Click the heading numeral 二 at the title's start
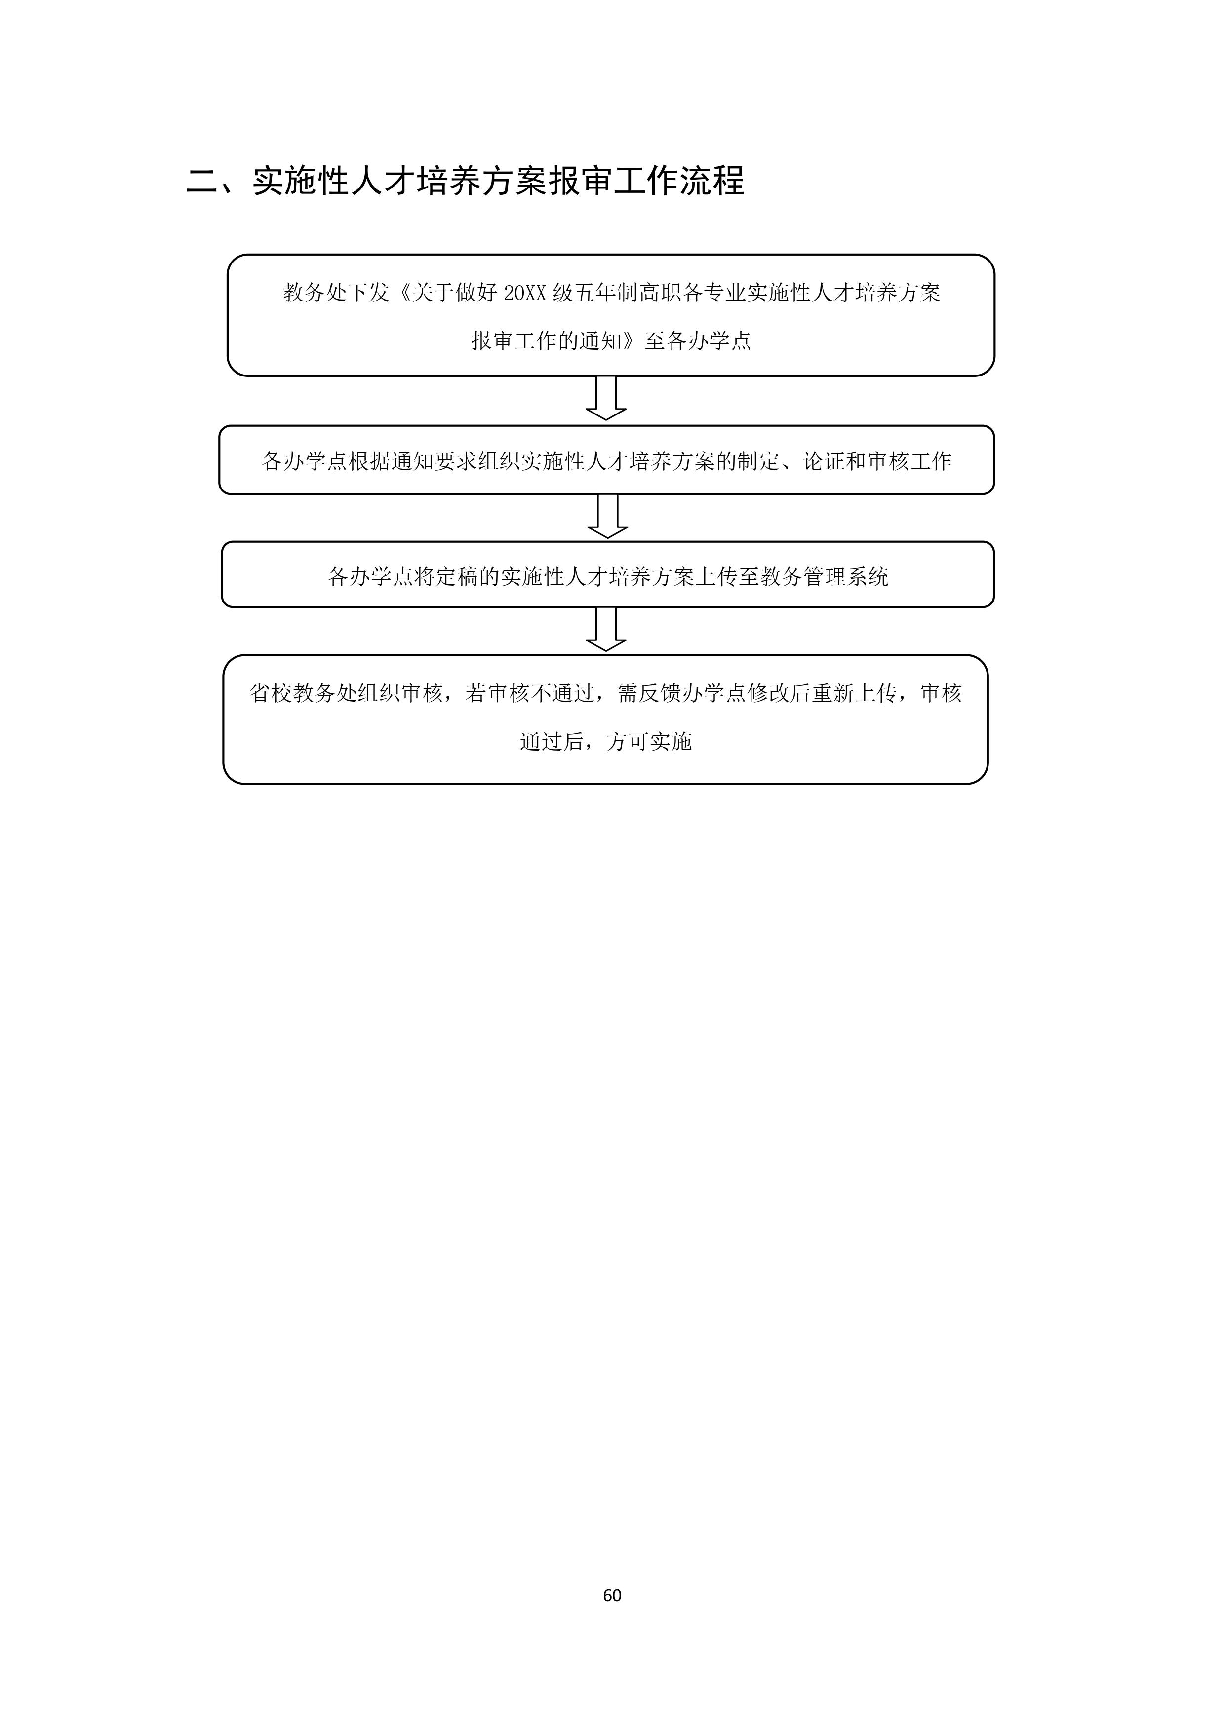(x=202, y=182)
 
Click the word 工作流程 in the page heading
(x=679, y=182)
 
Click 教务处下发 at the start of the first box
(x=336, y=293)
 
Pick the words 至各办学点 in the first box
(x=698, y=341)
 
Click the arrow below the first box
(x=606, y=398)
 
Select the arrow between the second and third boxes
(x=607, y=517)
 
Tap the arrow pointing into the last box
(x=606, y=630)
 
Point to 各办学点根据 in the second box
(x=326, y=461)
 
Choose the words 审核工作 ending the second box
(x=909, y=461)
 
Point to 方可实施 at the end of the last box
(x=649, y=742)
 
